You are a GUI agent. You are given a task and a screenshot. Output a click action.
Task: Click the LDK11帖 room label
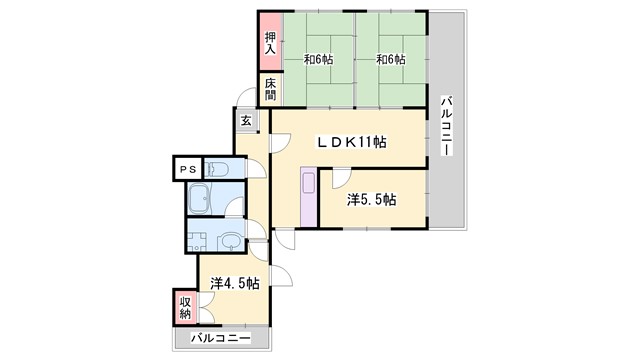352,142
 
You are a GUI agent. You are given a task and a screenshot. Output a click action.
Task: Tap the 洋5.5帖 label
371,200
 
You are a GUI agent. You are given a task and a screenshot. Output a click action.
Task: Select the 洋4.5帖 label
235,283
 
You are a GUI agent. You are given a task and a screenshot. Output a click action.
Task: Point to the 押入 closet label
270,43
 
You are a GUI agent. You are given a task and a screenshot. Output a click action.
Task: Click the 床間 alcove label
270,89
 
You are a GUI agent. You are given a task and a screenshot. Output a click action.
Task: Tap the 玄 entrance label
246,121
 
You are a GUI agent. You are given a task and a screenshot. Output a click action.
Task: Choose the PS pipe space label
188,169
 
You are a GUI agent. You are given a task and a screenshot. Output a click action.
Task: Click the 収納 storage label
185,308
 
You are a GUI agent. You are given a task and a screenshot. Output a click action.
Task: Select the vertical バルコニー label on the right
447,125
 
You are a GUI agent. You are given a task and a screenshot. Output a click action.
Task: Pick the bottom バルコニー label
221,338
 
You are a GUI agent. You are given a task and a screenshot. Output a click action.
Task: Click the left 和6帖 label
318,60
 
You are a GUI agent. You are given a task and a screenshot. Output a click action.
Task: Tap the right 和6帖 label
391,60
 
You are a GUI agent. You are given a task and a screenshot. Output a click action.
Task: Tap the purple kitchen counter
309,196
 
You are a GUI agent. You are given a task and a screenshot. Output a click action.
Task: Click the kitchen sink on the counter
309,182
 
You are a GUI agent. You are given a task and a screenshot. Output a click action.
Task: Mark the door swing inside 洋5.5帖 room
341,179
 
